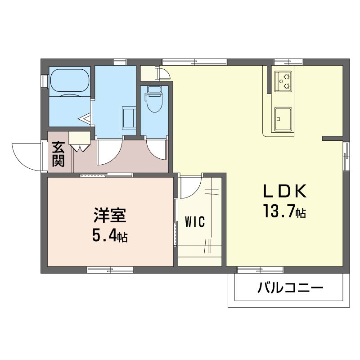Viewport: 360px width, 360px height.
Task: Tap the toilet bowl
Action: tap(154, 99)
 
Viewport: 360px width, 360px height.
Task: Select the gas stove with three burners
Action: tap(283, 81)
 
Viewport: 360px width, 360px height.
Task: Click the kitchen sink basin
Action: tap(283, 119)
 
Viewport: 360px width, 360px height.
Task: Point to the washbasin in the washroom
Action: tap(129, 118)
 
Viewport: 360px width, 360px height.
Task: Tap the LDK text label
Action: tap(284, 192)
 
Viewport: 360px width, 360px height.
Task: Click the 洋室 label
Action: tap(110, 215)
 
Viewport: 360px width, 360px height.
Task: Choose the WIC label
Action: tap(195, 222)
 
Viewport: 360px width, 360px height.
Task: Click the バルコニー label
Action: tap(290, 288)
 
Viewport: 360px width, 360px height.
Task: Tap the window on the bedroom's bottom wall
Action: tap(111, 270)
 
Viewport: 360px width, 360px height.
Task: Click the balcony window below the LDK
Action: tap(260, 270)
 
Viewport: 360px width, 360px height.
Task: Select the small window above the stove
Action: tap(288, 62)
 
